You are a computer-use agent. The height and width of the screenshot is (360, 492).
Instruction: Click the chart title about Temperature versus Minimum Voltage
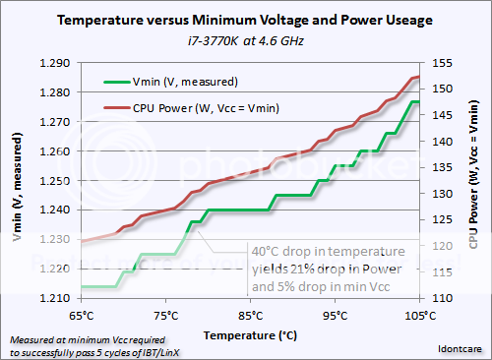click(246, 19)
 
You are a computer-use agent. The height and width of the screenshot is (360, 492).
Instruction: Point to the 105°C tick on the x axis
click(417, 316)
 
